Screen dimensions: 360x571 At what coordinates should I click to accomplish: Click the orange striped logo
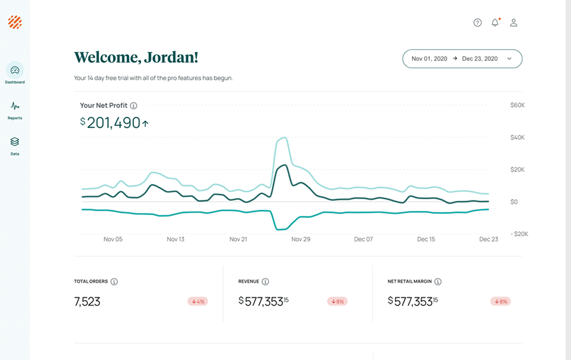click(15, 23)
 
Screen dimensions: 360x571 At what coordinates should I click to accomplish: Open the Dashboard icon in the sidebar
click(15, 71)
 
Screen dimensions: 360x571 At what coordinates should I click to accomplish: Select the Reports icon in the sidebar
click(15, 106)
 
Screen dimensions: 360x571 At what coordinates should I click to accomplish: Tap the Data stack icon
click(15, 142)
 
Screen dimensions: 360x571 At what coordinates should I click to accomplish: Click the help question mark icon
click(477, 23)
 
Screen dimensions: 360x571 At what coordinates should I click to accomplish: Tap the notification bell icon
click(495, 23)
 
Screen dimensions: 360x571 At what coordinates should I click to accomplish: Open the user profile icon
click(513, 23)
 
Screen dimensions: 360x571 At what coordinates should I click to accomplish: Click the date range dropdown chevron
click(509, 59)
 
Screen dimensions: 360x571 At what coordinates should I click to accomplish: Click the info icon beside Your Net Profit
click(133, 106)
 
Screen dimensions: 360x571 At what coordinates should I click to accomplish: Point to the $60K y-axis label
click(517, 105)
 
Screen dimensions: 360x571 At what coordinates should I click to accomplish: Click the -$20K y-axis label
click(519, 234)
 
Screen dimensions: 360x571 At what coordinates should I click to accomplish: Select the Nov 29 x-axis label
click(301, 239)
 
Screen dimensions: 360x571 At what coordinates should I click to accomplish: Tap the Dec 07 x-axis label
click(363, 239)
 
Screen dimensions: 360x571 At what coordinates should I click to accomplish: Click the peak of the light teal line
click(286, 138)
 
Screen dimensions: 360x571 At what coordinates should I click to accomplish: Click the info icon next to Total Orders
click(114, 282)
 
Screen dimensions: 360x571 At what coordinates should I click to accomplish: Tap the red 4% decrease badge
click(197, 301)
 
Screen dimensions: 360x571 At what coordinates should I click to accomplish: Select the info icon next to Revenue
click(265, 282)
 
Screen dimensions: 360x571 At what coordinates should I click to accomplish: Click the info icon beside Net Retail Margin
click(438, 282)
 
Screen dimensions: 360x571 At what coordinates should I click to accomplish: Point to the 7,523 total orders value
click(87, 301)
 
